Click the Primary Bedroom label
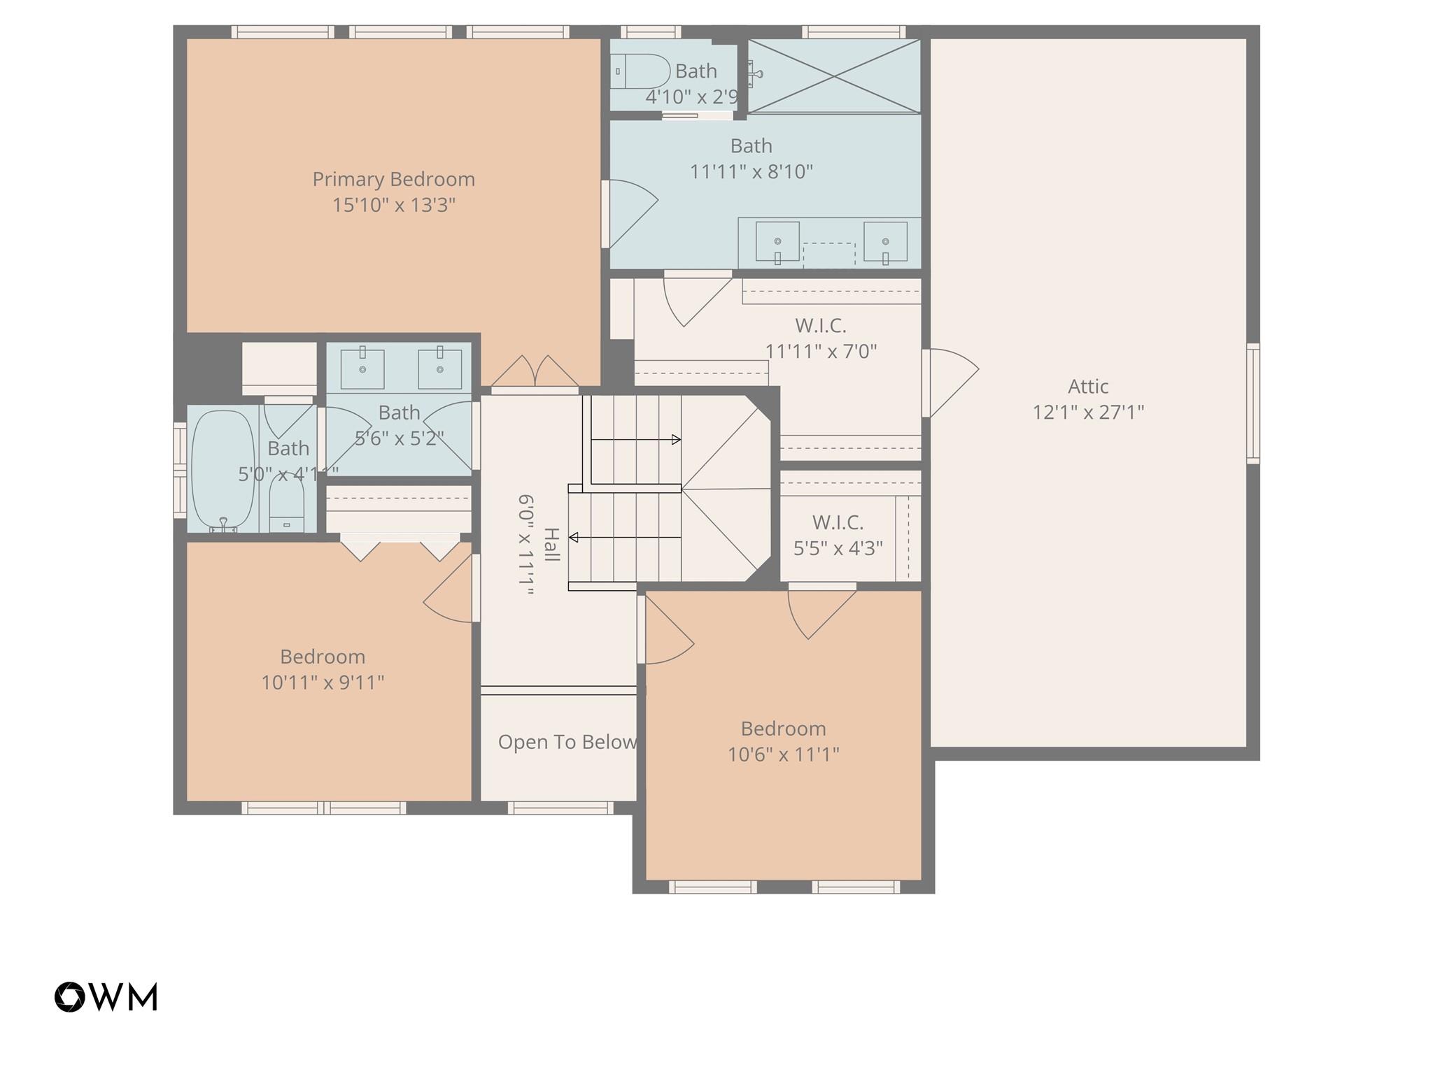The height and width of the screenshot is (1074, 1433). (393, 180)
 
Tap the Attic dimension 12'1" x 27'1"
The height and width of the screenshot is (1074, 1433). (1088, 413)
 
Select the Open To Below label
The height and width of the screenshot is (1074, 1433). (567, 742)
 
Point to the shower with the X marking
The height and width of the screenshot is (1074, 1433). (834, 76)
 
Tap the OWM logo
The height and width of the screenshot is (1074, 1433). (106, 996)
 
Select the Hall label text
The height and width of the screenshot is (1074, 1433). (551, 545)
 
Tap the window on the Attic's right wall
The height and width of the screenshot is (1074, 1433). (1252, 403)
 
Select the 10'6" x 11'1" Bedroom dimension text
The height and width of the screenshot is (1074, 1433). (783, 754)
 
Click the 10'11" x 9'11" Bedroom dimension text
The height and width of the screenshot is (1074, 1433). (323, 682)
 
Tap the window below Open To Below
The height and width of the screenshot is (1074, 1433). (560, 808)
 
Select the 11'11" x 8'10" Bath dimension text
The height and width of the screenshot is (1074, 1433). (751, 172)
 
